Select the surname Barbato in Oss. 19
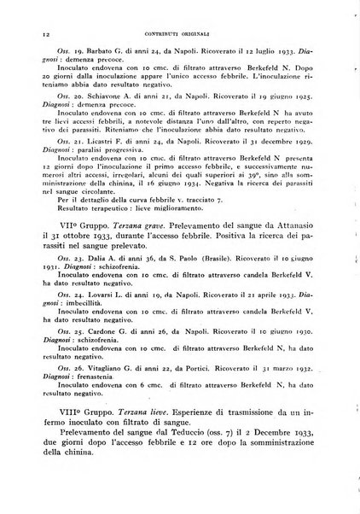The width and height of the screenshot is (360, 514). tap(87, 53)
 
